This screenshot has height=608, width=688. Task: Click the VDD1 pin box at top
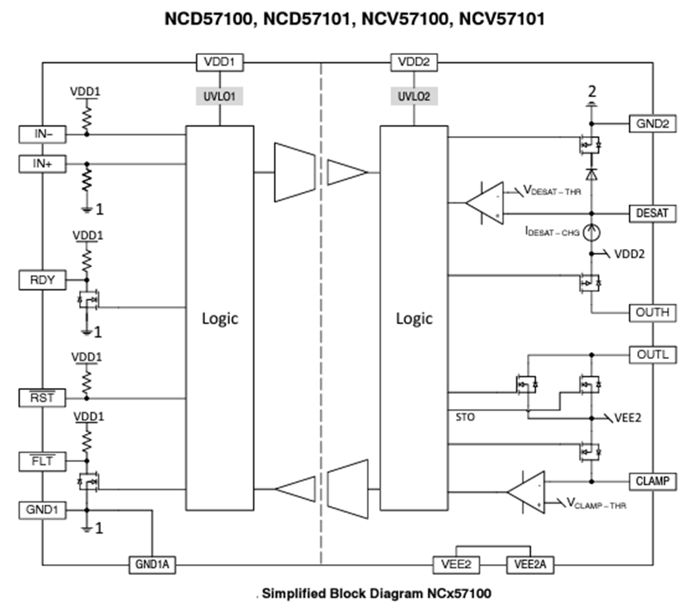coord(219,63)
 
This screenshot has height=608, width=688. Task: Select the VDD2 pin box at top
coord(413,63)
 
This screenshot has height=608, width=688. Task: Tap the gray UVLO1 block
coord(219,97)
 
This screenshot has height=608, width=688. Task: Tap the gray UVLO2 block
coord(413,97)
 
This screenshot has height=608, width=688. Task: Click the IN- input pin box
coord(42,134)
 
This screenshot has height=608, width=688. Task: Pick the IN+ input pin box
coord(42,164)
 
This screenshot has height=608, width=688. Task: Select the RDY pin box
coord(42,280)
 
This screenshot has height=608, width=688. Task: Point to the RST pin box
coord(42,398)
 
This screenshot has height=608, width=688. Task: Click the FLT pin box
coord(42,462)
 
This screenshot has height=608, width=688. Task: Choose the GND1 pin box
coord(42,510)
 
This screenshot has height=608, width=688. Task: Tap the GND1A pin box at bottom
coord(153,565)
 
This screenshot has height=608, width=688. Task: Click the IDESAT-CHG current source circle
coord(590,232)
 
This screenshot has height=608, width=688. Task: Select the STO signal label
coord(465,417)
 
